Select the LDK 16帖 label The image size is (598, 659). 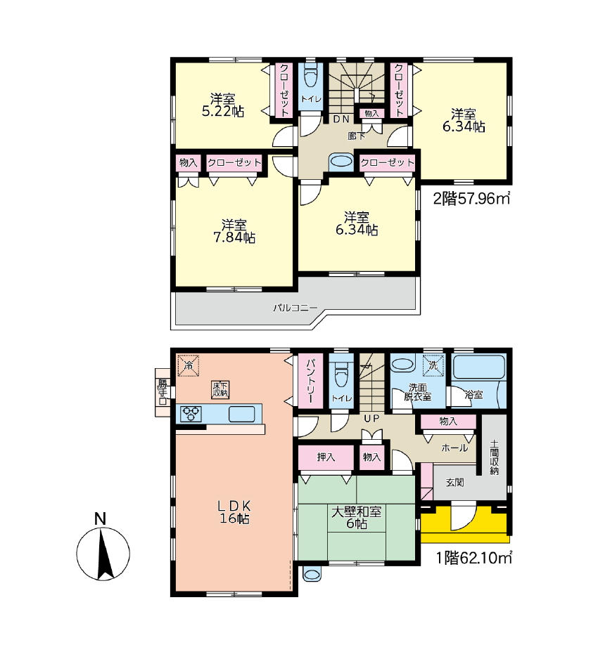[x=234, y=511]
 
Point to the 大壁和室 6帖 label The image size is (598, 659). [x=357, y=518]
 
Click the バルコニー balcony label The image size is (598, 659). [x=295, y=308]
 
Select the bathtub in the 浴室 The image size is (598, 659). [x=478, y=367]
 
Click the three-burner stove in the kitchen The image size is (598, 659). [x=191, y=414]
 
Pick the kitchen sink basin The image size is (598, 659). [x=241, y=415]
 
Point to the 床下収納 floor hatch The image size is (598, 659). [x=220, y=390]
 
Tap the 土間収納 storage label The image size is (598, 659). [x=494, y=457]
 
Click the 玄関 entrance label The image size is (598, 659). [x=455, y=483]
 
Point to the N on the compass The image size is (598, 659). [x=100, y=519]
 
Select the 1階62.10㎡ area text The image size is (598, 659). [x=473, y=558]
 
